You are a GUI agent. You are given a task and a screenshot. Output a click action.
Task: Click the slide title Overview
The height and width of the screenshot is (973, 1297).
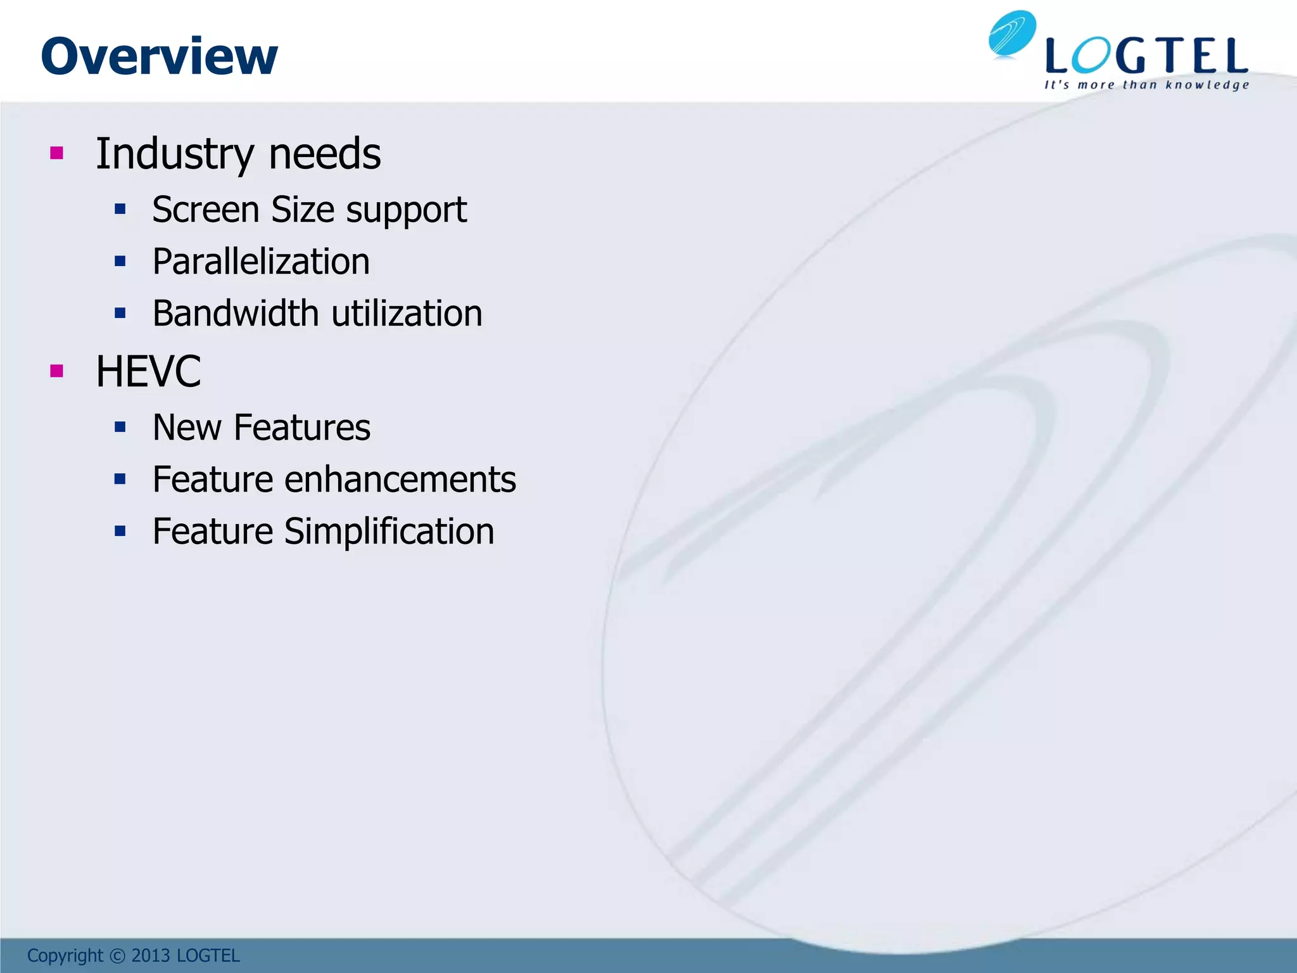(159, 56)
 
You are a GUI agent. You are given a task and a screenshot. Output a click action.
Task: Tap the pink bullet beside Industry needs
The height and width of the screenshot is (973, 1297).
(57, 153)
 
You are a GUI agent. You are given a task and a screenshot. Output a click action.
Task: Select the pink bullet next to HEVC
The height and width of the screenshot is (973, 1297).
(57, 371)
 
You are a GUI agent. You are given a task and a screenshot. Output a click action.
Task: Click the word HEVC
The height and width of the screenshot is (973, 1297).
(148, 372)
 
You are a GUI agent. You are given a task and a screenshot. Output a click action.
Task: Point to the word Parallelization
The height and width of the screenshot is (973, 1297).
(261, 262)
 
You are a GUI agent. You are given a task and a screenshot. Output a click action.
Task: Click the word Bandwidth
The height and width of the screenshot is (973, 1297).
(235, 314)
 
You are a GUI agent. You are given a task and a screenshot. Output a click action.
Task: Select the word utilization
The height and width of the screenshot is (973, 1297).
(407, 314)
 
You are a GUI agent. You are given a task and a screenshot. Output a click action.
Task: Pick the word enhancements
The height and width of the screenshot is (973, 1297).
(400, 480)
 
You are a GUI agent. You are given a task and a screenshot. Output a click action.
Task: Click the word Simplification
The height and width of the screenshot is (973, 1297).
(389, 531)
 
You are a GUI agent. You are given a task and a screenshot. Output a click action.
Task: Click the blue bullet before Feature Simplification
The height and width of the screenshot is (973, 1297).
(120, 531)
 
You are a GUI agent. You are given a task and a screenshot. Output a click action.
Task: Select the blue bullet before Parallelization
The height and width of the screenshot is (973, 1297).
(120, 261)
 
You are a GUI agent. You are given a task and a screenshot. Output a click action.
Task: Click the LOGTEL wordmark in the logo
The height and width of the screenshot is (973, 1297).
(1146, 56)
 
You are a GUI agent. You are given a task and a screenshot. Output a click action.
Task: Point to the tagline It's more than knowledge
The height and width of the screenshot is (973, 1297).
(1146, 85)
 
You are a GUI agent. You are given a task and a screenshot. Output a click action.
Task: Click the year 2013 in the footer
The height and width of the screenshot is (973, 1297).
(151, 955)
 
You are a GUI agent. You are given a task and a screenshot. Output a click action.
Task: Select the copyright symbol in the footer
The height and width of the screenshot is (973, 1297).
(118, 955)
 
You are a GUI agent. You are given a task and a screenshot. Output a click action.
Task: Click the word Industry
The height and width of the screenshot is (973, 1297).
(174, 155)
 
